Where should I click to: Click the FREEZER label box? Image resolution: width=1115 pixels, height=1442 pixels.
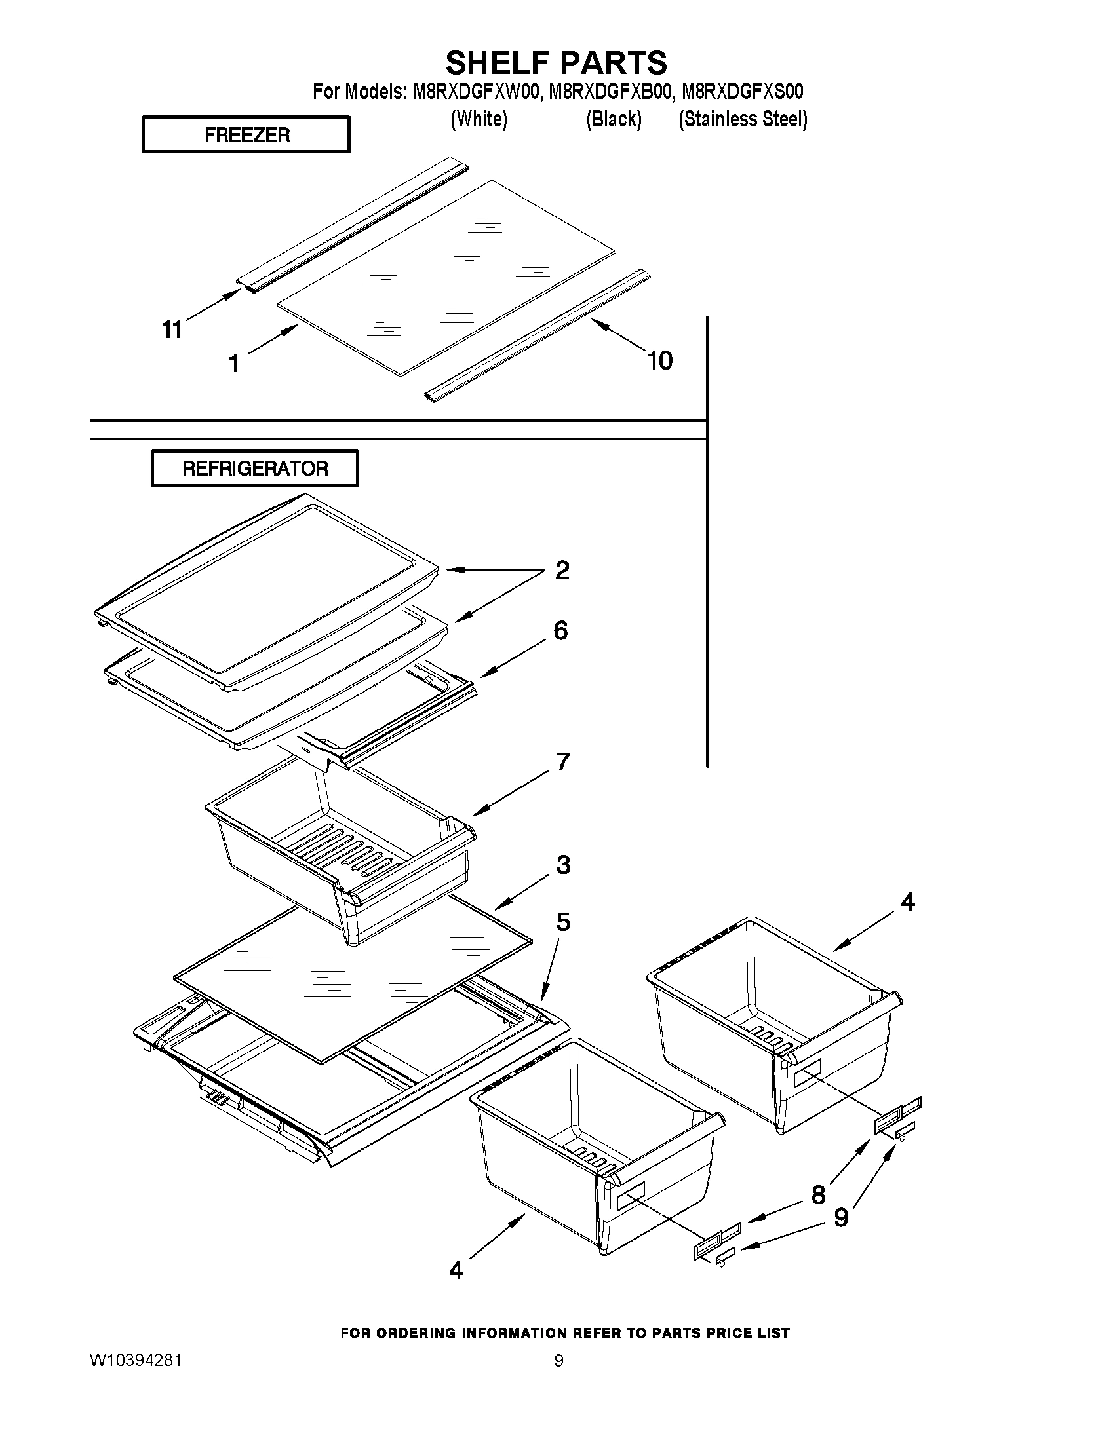tap(246, 135)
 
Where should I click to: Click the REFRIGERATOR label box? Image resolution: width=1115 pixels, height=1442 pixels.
tap(255, 468)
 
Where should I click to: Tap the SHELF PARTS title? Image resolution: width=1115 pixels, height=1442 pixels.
tap(556, 64)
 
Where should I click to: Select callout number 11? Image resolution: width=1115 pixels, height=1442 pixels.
tap(172, 329)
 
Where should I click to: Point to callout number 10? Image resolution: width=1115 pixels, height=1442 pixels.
tap(659, 360)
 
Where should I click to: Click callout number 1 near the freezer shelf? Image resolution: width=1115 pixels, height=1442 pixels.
tap(234, 363)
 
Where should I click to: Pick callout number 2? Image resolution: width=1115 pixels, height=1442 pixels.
tap(562, 571)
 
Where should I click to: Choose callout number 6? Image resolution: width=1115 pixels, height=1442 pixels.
tap(561, 630)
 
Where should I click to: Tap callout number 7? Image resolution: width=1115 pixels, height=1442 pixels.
tap(563, 762)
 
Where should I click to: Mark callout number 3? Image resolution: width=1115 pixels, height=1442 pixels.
tap(564, 864)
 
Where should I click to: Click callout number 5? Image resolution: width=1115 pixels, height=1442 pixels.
tap(563, 922)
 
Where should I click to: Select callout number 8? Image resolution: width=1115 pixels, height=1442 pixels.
tap(819, 1194)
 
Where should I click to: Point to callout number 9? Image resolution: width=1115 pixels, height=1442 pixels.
tap(841, 1217)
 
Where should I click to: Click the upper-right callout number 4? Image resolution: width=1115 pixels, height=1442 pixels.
tap(909, 901)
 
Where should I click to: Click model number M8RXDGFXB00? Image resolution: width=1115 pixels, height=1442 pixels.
tap(610, 91)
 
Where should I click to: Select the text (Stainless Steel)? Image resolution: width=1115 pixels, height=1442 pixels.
tap(743, 119)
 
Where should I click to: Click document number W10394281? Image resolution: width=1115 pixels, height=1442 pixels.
tap(136, 1360)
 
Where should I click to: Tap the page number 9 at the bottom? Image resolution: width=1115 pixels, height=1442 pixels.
tap(559, 1360)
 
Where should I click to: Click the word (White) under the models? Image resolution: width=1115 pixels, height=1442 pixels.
tap(479, 119)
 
